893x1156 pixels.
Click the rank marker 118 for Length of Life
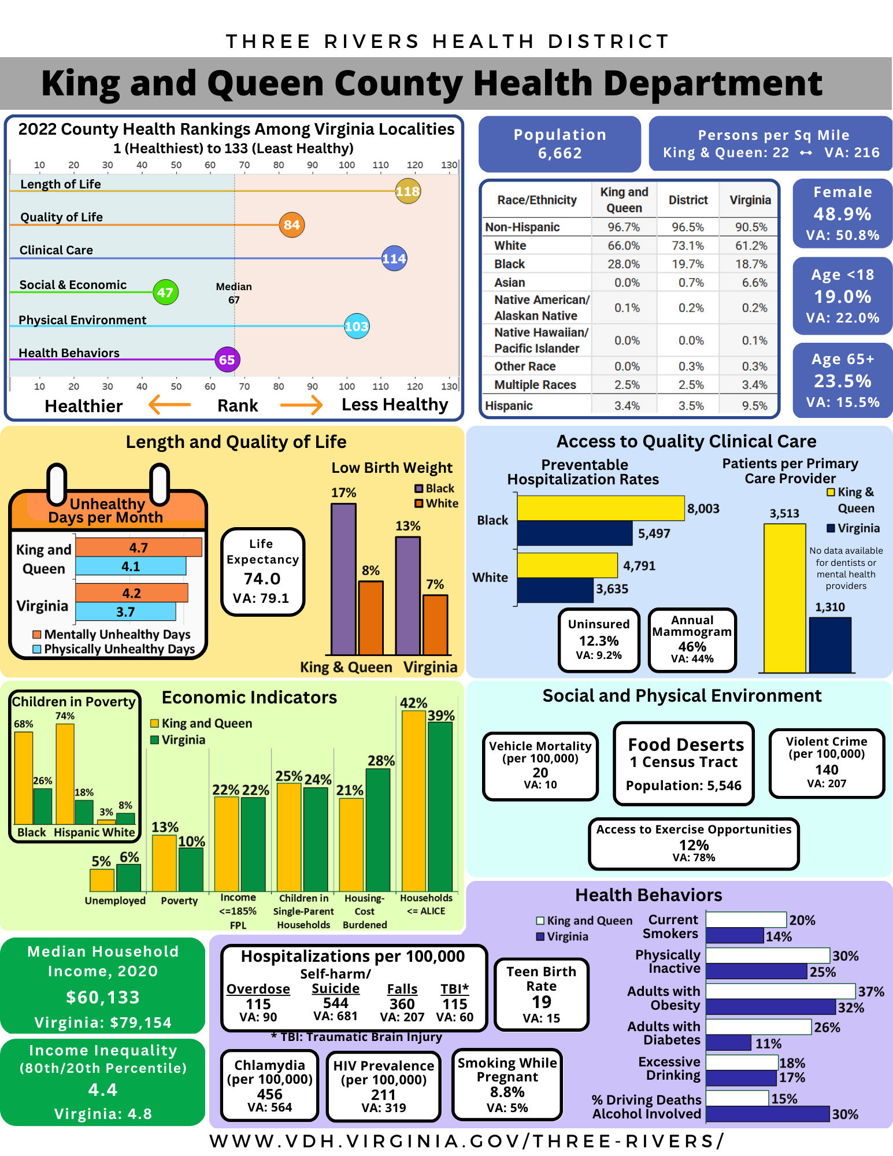(407, 191)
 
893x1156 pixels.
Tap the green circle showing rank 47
(165, 292)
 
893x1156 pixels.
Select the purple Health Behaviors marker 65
(227, 360)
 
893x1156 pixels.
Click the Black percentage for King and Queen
(624, 264)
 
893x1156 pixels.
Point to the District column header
(688, 200)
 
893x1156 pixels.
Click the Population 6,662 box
(559, 144)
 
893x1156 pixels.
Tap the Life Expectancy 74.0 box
(262, 571)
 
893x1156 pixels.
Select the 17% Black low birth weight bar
(343, 578)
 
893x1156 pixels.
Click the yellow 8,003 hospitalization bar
(601, 508)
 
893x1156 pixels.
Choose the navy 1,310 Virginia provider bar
(830, 644)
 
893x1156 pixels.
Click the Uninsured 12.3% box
(599, 640)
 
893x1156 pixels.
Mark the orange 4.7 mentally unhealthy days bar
(139, 547)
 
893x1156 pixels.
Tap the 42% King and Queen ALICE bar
(414, 801)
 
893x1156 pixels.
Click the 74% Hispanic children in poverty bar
(65, 773)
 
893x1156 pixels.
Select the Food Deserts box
(684, 763)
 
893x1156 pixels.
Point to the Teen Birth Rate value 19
(542, 1002)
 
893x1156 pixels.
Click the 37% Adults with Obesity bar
(780, 991)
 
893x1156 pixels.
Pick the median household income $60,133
(103, 997)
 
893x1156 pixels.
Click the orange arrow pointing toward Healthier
(170, 405)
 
